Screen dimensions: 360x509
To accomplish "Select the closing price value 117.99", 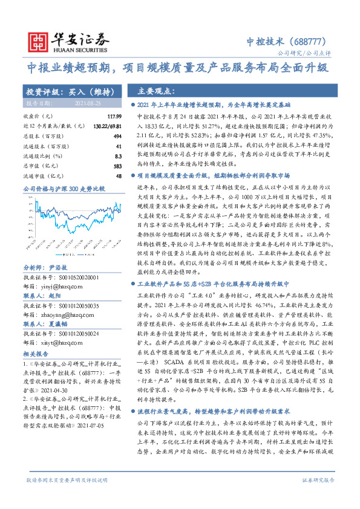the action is click(114, 115).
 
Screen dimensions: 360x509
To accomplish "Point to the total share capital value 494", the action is click(117, 136).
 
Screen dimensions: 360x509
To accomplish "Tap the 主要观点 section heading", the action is click(154, 91).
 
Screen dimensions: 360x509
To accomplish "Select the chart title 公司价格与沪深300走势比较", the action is click(64, 189).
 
